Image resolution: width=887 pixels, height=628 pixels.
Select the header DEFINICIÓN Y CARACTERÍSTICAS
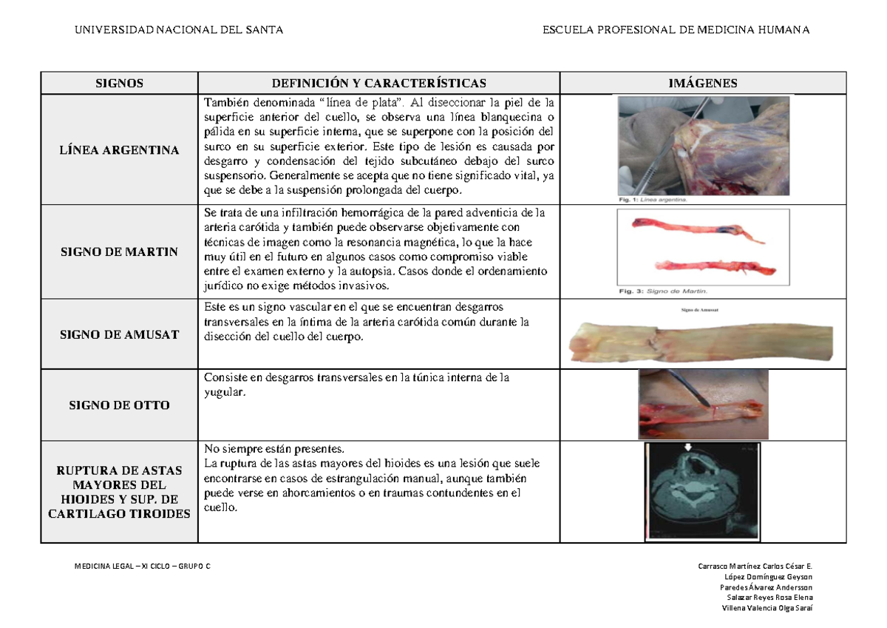point(380,84)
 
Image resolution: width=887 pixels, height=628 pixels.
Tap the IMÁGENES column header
point(702,84)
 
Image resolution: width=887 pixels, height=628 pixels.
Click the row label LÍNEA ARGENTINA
point(119,150)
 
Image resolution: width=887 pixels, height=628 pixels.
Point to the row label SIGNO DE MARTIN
point(119,251)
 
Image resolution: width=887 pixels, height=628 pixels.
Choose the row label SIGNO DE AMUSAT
point(119,334)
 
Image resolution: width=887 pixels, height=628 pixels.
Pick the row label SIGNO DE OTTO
point(119,405)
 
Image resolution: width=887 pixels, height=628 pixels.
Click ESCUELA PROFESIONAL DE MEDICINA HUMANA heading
point(676,30)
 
